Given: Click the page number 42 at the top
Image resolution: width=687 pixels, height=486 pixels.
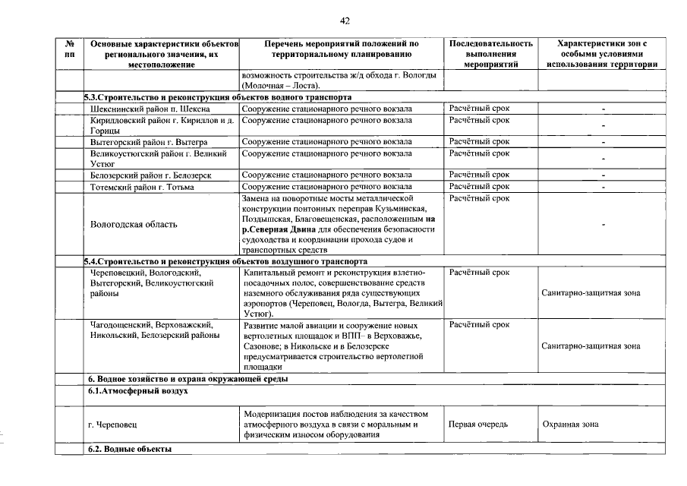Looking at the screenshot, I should point(345,21).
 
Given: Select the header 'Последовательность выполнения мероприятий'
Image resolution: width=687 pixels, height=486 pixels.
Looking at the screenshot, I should point(490,54).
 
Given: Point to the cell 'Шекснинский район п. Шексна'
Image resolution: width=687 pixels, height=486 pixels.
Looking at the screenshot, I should point(143,109).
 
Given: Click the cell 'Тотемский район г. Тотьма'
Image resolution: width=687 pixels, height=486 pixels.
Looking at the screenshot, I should point(142,186).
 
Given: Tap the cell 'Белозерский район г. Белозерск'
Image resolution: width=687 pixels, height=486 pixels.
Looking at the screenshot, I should point(150,175).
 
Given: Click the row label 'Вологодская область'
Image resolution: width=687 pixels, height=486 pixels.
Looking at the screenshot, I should point(134,224).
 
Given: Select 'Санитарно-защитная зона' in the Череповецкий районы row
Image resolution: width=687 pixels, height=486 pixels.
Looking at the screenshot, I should point(591,292).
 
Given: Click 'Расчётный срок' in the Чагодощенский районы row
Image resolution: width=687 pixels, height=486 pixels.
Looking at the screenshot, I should point(479,324).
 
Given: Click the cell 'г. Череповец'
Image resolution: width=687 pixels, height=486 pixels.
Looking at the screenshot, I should point(112,424).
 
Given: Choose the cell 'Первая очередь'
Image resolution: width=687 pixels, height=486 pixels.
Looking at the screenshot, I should point(477,424).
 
